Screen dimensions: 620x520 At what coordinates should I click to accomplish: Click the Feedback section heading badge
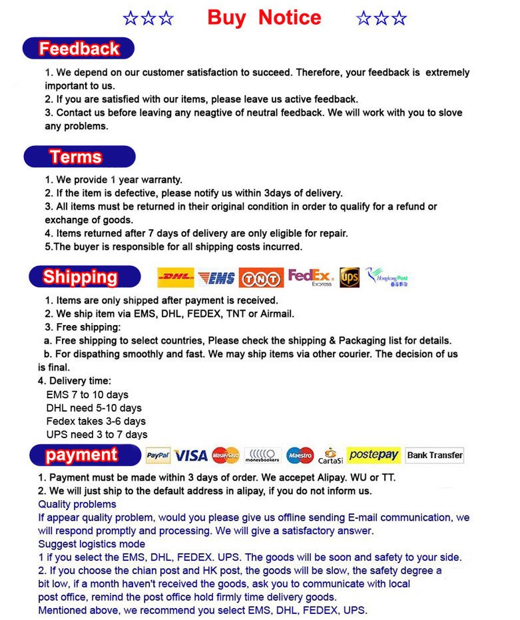coord(79,49)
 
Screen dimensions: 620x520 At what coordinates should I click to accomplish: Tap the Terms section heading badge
coord(79,157)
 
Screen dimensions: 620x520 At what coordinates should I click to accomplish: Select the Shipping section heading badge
coord(81,277)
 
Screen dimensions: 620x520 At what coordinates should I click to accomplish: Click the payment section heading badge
coord(81,456)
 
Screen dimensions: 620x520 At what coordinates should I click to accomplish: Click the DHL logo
coord(176,277)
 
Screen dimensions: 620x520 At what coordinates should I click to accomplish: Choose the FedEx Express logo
coord(310,277)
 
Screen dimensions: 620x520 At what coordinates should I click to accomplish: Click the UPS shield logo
coord(350,277)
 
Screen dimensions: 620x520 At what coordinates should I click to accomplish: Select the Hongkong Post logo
coord(388,277)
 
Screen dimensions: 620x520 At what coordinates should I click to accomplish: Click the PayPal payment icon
coord(158,456)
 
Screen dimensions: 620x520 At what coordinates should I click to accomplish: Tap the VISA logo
coord(191,456)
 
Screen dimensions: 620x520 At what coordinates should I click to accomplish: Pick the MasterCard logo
coord(226,456)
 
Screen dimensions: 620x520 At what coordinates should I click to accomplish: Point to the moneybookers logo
coord(262,456)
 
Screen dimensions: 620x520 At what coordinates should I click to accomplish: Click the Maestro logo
coord(300,456)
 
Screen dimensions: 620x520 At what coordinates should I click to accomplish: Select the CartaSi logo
coord(330,456)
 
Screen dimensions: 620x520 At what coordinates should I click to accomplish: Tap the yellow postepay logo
coord(374,455)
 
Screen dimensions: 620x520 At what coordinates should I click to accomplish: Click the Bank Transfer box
coord(435,456)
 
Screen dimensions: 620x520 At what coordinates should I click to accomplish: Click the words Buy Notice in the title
coord(264,18)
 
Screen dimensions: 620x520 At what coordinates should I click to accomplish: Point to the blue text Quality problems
coord(77,504)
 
